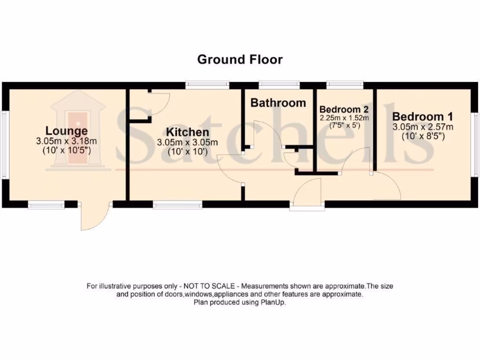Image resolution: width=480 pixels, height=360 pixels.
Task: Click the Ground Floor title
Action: (240, 60)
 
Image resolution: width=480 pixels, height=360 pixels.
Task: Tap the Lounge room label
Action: (66, 131)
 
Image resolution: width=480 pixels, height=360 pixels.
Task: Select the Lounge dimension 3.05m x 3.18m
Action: (66, 141)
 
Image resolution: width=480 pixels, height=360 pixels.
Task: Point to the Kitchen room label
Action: (187, 132)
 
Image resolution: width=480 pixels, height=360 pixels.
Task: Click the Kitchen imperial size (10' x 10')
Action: (187, 151)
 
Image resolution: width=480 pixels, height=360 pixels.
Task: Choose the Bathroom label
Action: (278, 103)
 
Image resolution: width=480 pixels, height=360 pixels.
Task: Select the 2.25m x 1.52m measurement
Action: (344, 118)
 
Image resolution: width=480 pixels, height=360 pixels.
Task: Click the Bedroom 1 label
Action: (422, 117)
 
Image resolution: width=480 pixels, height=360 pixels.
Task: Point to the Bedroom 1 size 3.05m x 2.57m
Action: (422, 127)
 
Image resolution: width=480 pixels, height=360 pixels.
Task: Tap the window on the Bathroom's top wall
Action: (279, 85)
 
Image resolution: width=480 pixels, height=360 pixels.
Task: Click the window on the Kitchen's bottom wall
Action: (177, 204)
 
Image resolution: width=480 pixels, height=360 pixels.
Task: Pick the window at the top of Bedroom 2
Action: (345, 85)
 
